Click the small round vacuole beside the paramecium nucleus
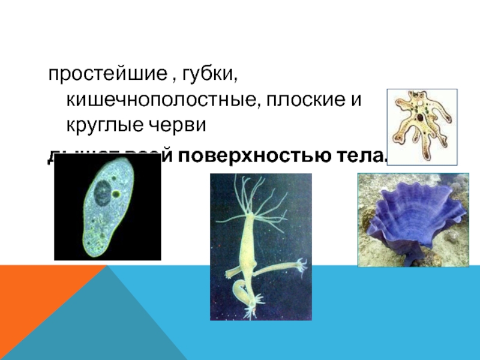[116, 194]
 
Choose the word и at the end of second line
[356, 101]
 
